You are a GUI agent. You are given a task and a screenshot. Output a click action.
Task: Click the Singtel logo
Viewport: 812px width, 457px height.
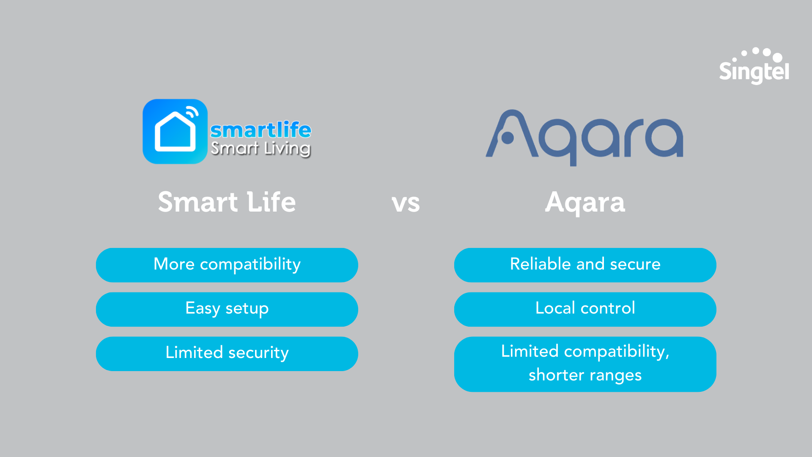(x=754, y=68)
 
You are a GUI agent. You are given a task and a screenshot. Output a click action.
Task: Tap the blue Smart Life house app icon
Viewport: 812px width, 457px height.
(x=175, y=132)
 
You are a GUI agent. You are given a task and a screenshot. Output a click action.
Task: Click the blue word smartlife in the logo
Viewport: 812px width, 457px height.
(x=261, y=129)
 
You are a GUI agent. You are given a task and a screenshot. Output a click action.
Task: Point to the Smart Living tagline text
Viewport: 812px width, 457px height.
(x=261, y=149)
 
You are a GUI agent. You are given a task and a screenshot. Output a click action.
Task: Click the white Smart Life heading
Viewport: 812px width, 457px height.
(x=227, y=202)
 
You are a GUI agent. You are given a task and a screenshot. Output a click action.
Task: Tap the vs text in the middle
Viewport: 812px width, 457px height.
(x=406, y=203)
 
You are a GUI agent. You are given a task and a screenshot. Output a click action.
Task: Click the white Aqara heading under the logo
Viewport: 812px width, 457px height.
(x=584, y=202)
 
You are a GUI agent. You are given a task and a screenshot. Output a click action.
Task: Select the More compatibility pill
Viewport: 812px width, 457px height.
(x=227, y=265)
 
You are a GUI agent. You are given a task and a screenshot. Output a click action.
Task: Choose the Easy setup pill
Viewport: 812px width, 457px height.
(x=227, y=309)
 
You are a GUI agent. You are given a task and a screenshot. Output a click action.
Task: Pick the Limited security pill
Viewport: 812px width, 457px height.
(x=227, y=354)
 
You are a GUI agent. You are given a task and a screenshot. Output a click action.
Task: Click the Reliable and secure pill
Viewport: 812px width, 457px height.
(x=585, y=265)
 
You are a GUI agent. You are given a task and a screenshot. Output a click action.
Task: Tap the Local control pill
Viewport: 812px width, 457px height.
(x=585, y=309)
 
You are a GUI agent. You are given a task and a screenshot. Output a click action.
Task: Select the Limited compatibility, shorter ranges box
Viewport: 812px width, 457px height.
(x=585, y=364)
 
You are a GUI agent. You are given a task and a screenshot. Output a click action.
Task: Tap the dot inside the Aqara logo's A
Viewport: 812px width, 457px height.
(x=507, y=138)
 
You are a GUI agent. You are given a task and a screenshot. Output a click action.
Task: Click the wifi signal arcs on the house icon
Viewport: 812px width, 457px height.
(x=192, y=113)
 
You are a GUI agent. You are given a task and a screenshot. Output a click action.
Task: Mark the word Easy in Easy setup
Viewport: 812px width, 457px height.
(x=202, y=308)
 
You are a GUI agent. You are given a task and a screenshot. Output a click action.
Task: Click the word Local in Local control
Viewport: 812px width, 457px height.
(x=555, y=308)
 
